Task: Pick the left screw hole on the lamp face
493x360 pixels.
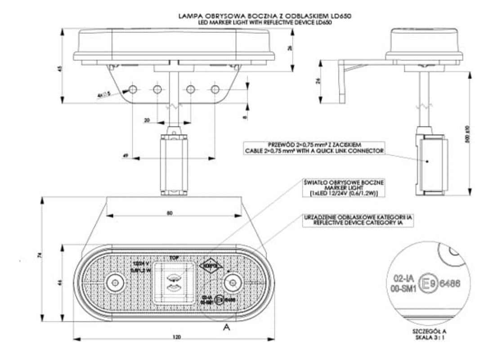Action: pyautogui.click(x=115, y=283)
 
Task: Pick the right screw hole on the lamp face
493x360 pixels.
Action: pyautogui.click(x=232, y=283)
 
